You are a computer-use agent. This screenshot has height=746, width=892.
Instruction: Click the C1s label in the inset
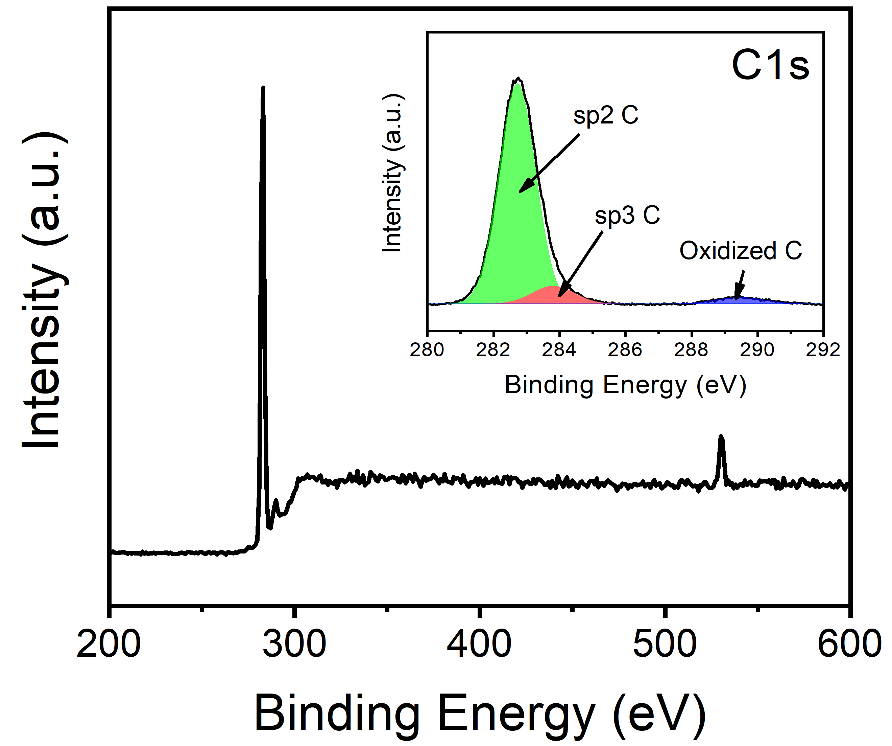pyautogui.click(x=770, y=66)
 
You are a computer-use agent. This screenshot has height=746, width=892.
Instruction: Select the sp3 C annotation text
pyautogui.click(x=627, y=216)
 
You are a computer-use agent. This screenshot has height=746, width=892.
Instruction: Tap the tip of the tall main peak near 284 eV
pyautogui.click(x=263, y=88)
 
